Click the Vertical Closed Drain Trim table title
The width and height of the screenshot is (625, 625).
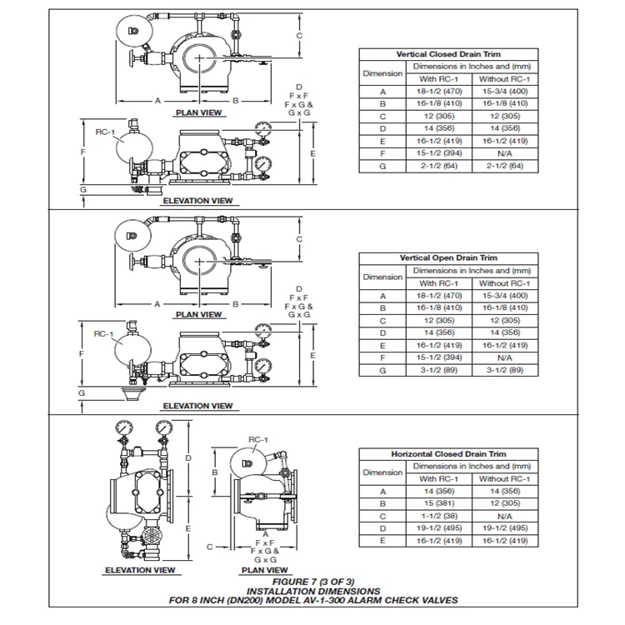[x=448, y=54]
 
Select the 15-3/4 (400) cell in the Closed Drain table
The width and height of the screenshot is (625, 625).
[x=505, y=92]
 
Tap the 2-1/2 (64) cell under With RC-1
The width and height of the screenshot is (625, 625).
[x=439, y=166]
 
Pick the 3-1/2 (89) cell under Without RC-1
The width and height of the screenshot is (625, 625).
[x=505, y=370]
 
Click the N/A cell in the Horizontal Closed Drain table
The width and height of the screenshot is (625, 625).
[x=505, y=516]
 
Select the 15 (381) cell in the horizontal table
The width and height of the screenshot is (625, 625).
[x=439, y=503]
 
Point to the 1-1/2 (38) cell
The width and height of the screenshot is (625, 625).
[x=439, y=516]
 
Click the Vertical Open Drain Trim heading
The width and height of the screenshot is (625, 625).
[x=448, y=257]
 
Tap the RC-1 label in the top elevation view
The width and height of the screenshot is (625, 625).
[x=105, y=132]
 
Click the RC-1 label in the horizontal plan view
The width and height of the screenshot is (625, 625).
[x=257, y=440]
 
